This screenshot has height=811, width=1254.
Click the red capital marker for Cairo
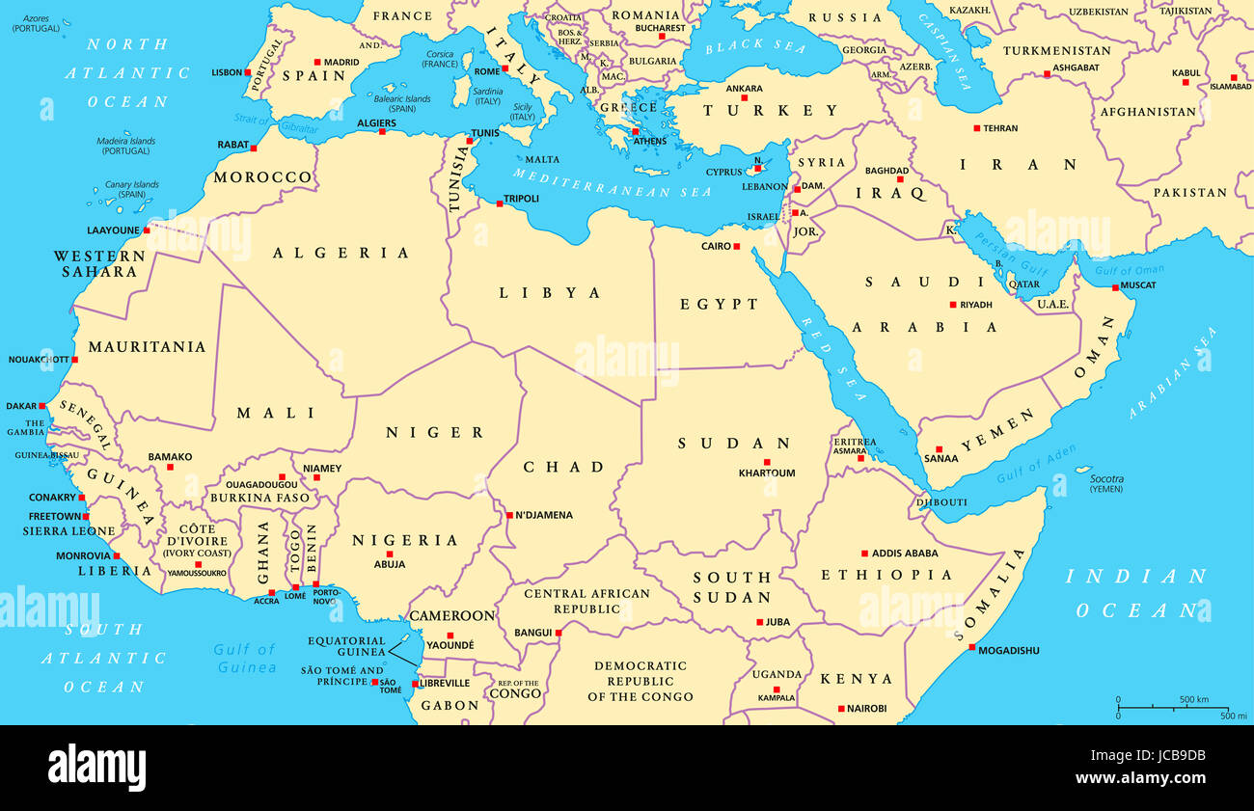736,247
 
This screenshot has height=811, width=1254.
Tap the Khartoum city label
767,473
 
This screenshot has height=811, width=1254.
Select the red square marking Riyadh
953,305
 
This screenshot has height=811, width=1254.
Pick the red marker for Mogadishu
971,647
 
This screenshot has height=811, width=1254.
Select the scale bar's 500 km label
1193,699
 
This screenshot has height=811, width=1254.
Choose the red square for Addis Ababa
864,554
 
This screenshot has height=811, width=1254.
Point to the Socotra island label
1106,478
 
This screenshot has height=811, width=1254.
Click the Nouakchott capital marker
75,359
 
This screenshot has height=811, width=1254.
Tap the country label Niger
435,433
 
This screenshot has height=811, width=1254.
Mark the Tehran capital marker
976,128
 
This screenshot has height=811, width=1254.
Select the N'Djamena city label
544,515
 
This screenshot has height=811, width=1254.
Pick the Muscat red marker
1115,287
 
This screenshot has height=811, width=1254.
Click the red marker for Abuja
390,554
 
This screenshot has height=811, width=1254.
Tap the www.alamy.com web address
1140,778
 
